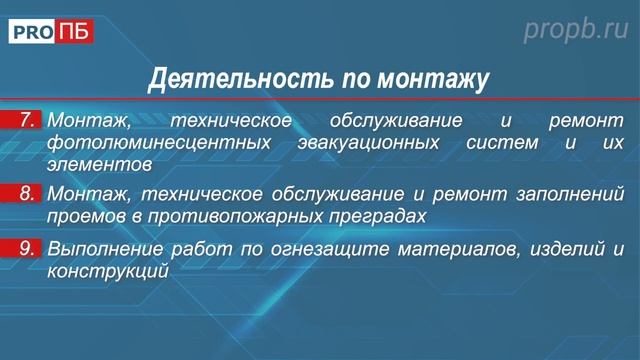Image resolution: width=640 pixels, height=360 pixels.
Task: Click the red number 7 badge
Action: (x=28, y=122)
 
